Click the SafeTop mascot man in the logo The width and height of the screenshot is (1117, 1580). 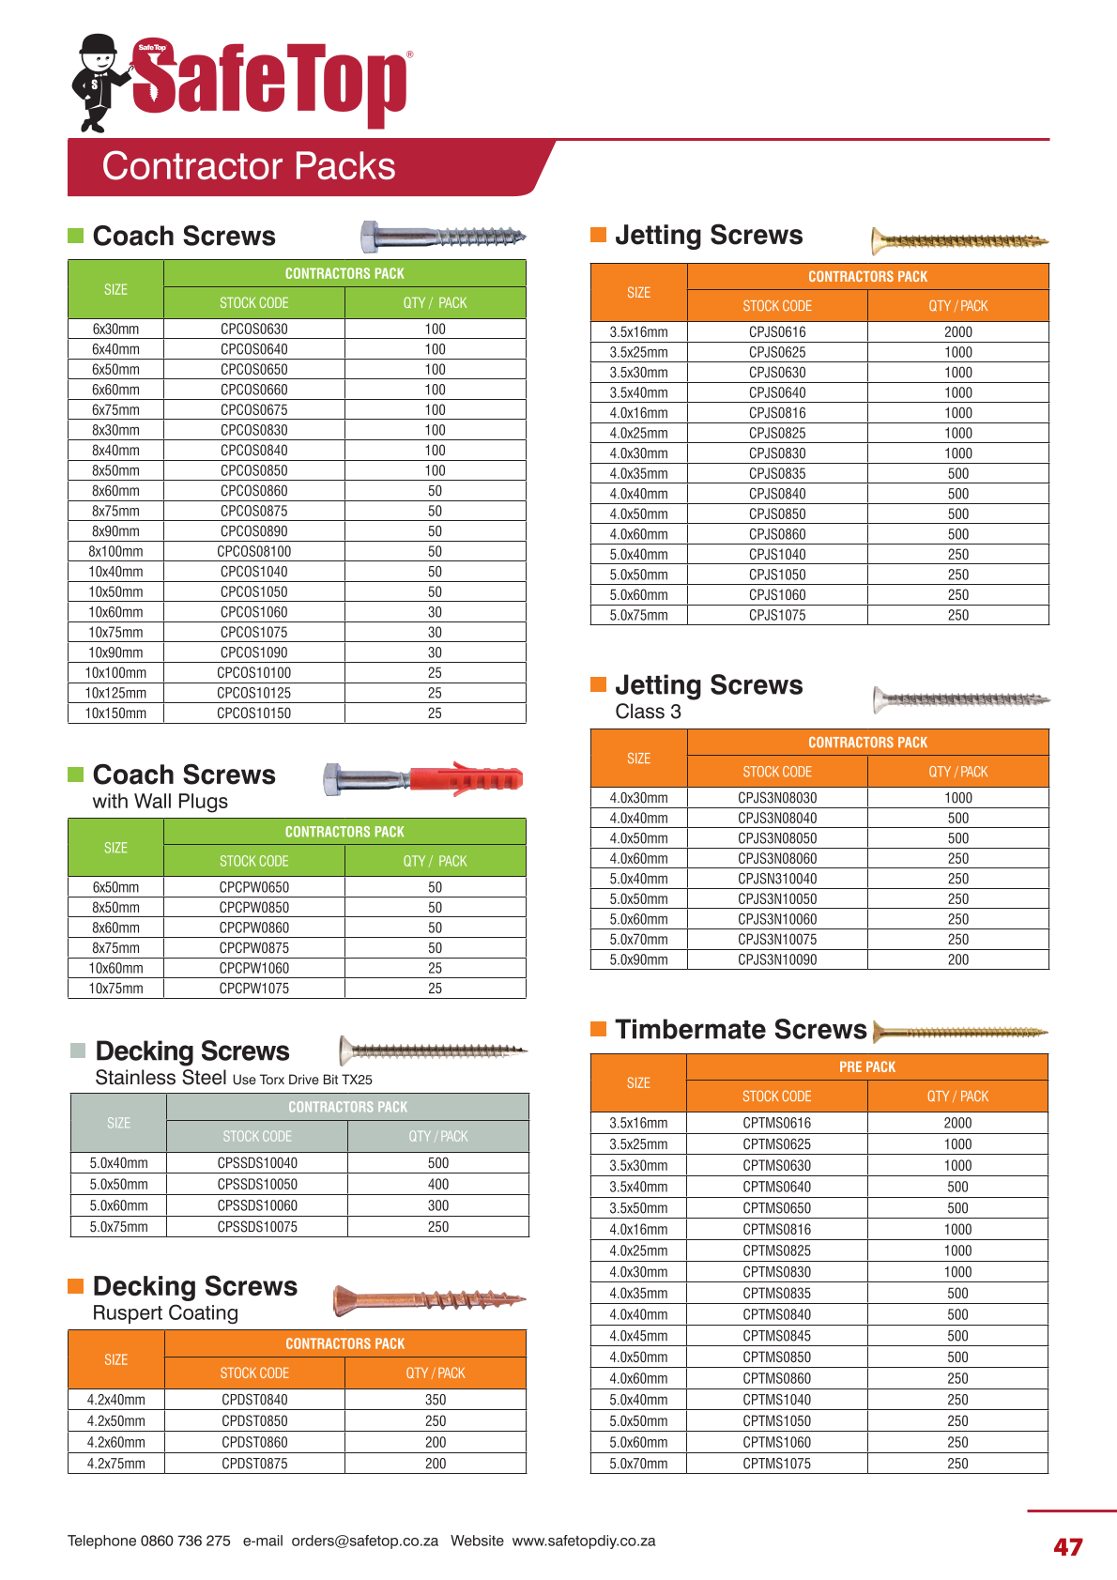click(98, 83)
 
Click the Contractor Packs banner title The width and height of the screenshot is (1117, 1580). click(249, 166)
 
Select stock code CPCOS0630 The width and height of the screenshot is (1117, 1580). click(253, 330)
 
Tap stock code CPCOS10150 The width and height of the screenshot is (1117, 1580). click(253, 713)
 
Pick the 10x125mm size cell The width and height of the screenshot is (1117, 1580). click(115, 693)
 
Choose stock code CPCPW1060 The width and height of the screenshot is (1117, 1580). click(253, 968)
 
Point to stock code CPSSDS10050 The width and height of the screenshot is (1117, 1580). click(257, 1185)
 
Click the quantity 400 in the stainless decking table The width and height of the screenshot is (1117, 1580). click(438, 1185)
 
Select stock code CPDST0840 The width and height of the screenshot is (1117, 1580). click(254, 1400)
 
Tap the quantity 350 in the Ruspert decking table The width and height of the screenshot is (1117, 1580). click(436, 1400)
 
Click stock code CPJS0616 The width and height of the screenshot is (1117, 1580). click(777, 332)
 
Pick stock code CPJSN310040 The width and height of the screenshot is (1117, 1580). click(777, 879)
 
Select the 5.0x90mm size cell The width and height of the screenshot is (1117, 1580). click(638, 959)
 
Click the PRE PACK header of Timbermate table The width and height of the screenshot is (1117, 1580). click(867, 1067)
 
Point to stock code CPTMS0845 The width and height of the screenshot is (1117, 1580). click(776, 1336)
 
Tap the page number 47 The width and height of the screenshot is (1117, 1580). click(1068, 1547)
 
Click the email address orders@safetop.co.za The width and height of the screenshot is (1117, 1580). click(364, 1541)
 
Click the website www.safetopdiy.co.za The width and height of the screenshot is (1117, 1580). click(584, 1541)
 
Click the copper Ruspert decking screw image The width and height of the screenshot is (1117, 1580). click(430, 1299)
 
